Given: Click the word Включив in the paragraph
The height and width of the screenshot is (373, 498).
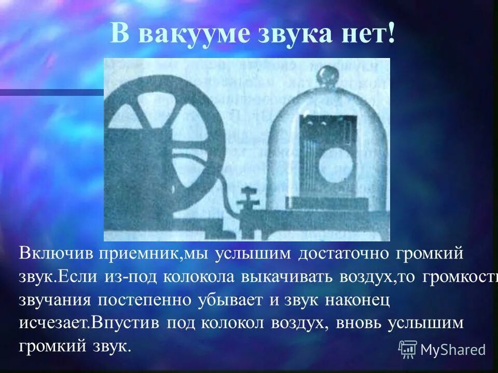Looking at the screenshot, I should coord(56,254).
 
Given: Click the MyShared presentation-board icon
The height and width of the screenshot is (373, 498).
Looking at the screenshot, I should coord(408,349).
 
